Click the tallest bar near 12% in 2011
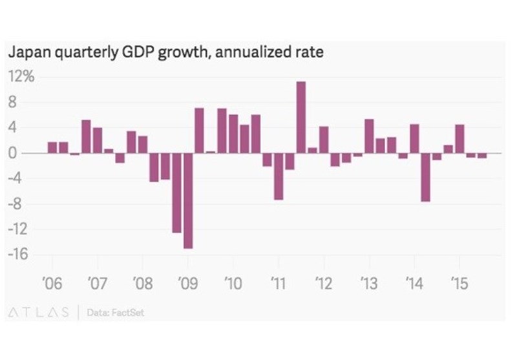301,117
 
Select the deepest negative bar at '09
188,200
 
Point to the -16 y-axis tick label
19,254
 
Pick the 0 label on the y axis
24,153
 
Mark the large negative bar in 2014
425,177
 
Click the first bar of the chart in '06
52,147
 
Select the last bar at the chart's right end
482,156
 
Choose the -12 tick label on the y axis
19,229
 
